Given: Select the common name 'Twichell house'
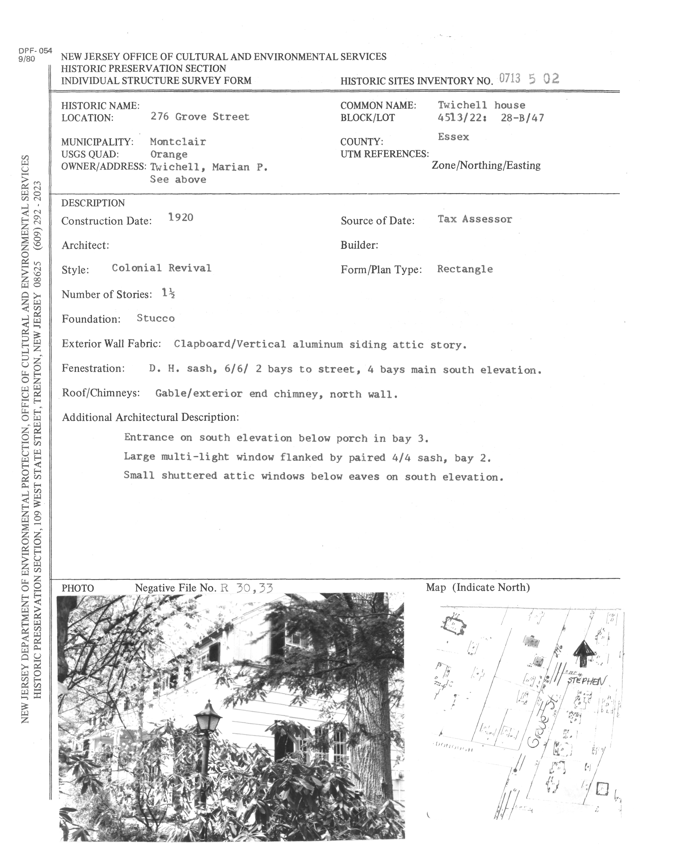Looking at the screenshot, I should [x=481, y=105].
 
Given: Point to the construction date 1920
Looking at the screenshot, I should [x=180, y=217].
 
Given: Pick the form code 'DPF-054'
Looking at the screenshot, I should [x=35, y=51].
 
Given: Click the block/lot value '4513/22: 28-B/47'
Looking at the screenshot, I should [x=491, y=118].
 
